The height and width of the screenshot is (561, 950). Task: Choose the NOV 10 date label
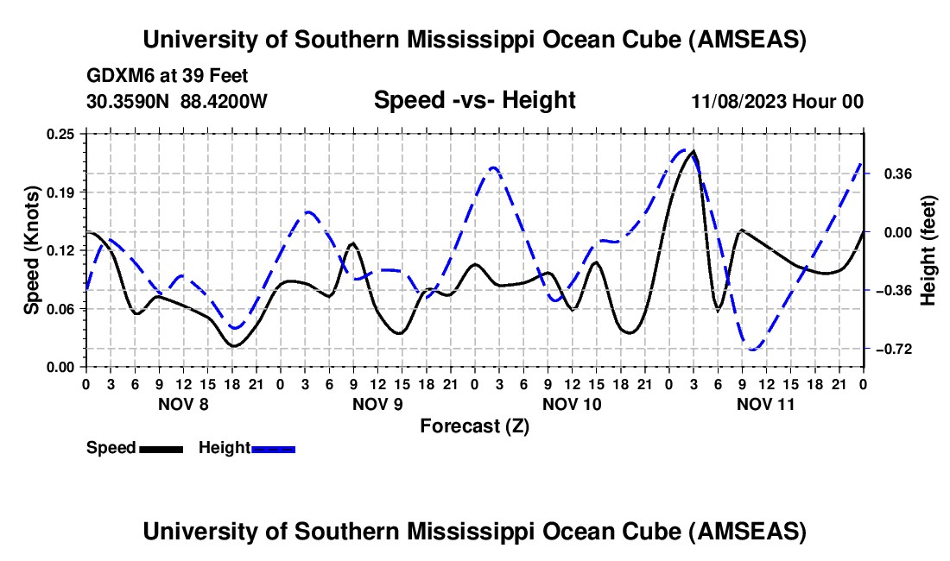point(571,403)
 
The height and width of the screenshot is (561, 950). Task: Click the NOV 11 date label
point(765,403)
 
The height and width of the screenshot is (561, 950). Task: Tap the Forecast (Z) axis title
point(474,425)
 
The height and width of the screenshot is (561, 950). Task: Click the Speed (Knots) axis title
point(32,250)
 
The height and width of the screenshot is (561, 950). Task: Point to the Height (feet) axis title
point(928,250)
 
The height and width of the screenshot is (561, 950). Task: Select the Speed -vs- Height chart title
point(474,101)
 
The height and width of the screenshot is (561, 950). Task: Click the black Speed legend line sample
point(161,449)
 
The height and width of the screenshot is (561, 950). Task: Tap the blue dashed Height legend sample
point(273,449)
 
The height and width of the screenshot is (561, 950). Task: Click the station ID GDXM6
point(120,76)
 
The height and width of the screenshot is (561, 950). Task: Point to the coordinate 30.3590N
point(130,102)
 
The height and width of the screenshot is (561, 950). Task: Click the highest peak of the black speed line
point(693,152)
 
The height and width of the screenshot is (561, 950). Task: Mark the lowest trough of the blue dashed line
point(753,350)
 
